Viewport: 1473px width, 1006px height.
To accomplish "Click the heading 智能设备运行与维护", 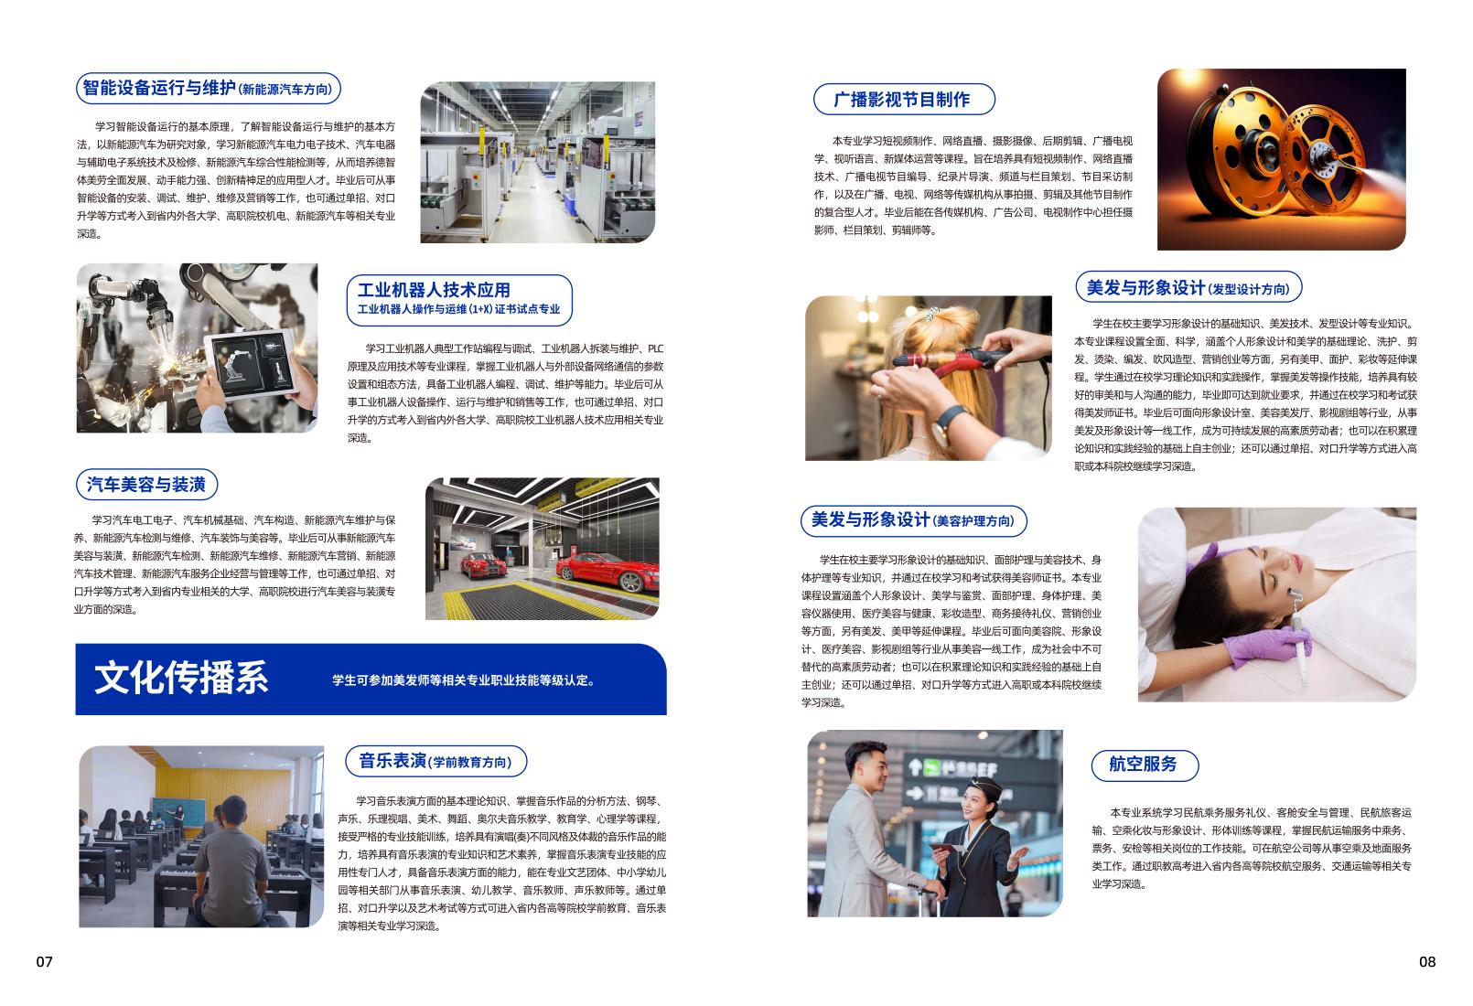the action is (x=158, y=88).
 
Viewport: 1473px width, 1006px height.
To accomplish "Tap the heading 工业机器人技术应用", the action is (x=434, y=290).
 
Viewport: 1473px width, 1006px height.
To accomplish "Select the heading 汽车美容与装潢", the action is (x=146, y=485).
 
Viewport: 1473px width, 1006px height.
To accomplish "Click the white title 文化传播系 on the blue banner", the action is (x=181, y=678).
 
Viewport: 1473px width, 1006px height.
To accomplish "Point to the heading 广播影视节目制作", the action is (x=901, y=100).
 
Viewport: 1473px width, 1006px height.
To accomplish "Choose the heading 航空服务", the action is (x=1143, y=764).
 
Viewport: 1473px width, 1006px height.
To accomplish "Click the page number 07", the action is (x=44, y=962).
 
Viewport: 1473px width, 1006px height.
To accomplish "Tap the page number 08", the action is (x=1427, y=962).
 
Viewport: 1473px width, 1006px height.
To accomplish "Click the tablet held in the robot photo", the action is (x=252, y=363).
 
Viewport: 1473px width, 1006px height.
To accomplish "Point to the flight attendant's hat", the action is (x=984, y=786).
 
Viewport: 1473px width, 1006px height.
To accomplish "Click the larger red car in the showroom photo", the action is (x=607, y=571).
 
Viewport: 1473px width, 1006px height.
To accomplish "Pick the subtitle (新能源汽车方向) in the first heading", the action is (x=285, y=90).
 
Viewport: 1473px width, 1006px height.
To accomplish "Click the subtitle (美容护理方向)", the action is (x=973, y=521).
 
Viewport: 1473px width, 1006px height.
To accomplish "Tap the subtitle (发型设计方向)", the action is (x=1248, y=289).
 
